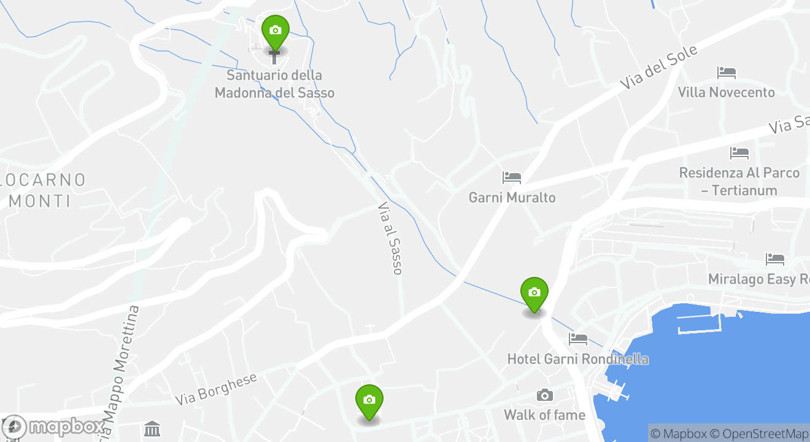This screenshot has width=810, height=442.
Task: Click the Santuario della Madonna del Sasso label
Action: click(274, 84)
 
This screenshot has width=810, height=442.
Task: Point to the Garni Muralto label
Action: click(512, 198)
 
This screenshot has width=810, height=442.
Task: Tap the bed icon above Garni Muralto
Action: click(511, 178)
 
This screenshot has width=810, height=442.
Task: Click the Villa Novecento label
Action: click(726, 93)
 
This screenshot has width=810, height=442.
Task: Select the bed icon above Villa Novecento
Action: click(726, 73)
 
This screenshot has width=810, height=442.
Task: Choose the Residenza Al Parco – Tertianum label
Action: click(739, 182)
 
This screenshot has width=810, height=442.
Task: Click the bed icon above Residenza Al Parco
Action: click(739, 153)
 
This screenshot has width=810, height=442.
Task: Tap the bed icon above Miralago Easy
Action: click(774, 260)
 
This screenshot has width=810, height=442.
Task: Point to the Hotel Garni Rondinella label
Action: click(577, 359)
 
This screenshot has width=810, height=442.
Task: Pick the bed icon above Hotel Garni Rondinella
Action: click(577, 338)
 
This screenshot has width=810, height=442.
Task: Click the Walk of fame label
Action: click(544, 416)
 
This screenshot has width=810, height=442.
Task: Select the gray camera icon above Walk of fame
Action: click(544, 395)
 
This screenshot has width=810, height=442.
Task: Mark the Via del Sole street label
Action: click(658, 68)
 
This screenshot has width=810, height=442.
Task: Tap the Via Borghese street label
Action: click(216, 389)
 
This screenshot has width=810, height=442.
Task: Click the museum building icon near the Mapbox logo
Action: click(152, 428)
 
